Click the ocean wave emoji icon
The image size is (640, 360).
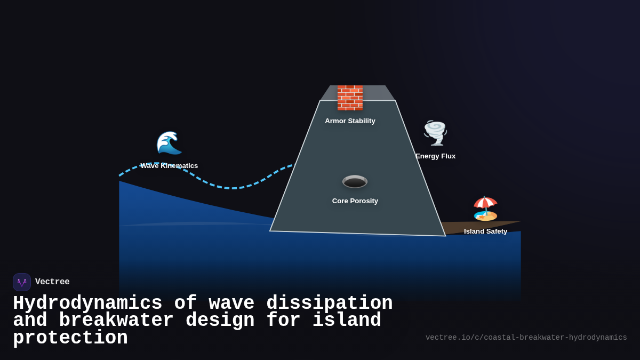(x=169, y=143)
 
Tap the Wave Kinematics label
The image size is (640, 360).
(x=169, y=166)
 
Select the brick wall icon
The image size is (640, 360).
(x=350, y=98)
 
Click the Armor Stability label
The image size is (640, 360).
(x=350, y=121)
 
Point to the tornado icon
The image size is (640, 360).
(x=435, y=133)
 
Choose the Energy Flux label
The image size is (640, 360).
(x=435, y=156)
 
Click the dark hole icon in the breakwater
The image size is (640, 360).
(x=355, y=182)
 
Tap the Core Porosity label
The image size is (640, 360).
(x=355, y=201)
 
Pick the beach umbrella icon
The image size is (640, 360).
(x=485, y=209)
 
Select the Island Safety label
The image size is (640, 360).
(x=485, y=231)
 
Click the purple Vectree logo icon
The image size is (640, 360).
(x=22, y=282)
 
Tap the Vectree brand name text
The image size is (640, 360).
(x=52, y=282)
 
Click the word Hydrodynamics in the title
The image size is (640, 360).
(x=87, y=303)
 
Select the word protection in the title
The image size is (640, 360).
(x=70, y=338)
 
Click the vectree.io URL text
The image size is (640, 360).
(x=526, y=338)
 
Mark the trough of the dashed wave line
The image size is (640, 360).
(x=233, y=188)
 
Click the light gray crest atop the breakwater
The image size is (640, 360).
(x=373, y=93)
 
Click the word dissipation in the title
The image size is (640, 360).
(x=329, y=303)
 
